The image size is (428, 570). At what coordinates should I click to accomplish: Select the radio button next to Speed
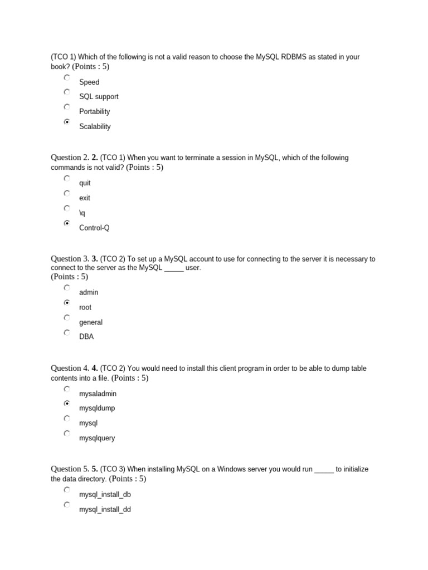(x=67, y=77)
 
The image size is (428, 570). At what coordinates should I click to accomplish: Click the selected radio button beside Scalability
(x=67, y=122)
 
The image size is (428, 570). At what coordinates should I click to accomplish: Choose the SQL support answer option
(x=99, y=97)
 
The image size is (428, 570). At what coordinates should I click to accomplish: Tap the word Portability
(x=94, y=112)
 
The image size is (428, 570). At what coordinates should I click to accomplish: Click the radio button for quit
(x=67, y=179)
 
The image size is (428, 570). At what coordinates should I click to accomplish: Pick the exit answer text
(x=85, y=198)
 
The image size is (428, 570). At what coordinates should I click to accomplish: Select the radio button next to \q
(x=67, y=208)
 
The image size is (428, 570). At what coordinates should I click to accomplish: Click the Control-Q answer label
(x=94, y=228)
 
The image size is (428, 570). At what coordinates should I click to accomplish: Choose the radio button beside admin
(x=67, y=288)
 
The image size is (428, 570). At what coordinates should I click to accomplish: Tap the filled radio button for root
(x=67, y=303)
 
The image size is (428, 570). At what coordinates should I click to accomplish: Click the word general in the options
(x=91, y=322)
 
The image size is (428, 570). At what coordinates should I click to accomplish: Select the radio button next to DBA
(x=67, y=333)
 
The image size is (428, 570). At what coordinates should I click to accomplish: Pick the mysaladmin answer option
(x=98, y=394)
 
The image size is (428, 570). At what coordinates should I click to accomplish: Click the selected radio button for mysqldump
(x=67, y=403)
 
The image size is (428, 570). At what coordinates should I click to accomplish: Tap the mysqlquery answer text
(x=97, y=438)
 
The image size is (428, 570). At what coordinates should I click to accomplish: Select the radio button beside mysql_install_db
(x=67, y=490)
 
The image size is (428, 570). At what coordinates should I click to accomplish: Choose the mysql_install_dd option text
(x=105, y=509)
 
